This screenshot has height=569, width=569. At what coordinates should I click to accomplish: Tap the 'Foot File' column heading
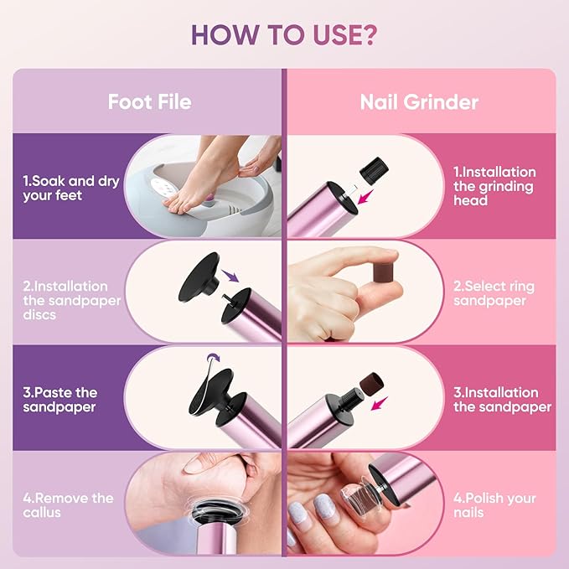point(149,102)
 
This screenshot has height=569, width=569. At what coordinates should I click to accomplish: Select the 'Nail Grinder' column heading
point(419,102)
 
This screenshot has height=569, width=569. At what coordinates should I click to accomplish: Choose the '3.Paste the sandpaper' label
point(60,400)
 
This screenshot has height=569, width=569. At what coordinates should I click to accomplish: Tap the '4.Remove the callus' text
point(67,504)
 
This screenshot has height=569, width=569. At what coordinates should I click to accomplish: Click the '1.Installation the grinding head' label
point(494,186)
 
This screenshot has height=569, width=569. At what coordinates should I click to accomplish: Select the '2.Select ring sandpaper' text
point(494,293)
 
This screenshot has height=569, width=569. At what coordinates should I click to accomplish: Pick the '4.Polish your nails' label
point(494,504)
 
